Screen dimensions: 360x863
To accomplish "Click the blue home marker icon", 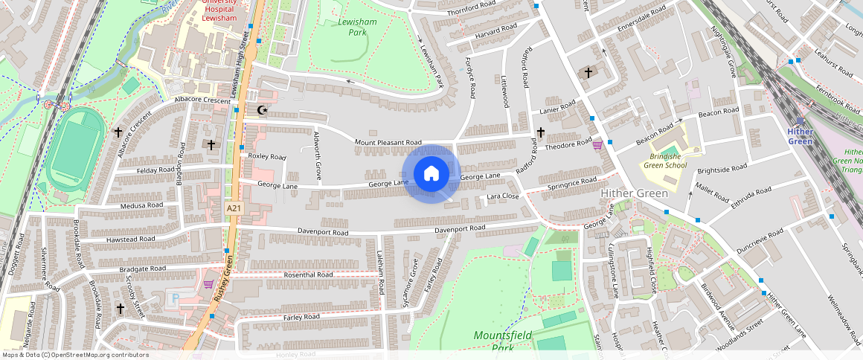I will [431, 174].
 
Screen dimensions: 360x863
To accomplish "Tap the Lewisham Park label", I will [357, 28].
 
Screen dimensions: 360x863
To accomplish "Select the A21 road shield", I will [234, 209].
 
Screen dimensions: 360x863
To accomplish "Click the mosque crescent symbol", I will [261, 111].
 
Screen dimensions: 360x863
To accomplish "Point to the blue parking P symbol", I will [176, 298].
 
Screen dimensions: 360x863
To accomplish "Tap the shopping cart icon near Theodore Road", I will [597, 145].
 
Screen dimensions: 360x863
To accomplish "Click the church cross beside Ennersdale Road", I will [588, 73].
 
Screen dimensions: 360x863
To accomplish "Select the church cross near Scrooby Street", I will [120, 307].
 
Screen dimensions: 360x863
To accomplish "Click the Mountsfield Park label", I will [504, 341].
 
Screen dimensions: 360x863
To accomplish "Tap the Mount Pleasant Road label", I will [388, 142].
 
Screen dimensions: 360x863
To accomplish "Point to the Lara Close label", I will [502, 196].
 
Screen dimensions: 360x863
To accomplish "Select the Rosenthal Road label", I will [308, 274].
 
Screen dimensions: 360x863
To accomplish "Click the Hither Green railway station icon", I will [800, 120].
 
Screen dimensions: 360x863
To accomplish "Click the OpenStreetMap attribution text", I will [75, 355].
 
